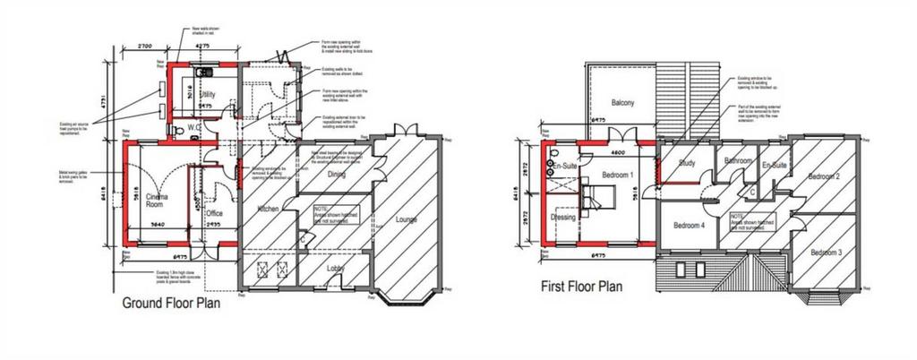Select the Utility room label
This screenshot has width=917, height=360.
click(207, 94)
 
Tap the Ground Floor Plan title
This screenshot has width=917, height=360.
click(171, 304)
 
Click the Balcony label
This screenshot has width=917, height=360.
click(622, 103)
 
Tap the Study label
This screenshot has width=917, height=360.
click(687, 163)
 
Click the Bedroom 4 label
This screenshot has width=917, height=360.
click(690, 226)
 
